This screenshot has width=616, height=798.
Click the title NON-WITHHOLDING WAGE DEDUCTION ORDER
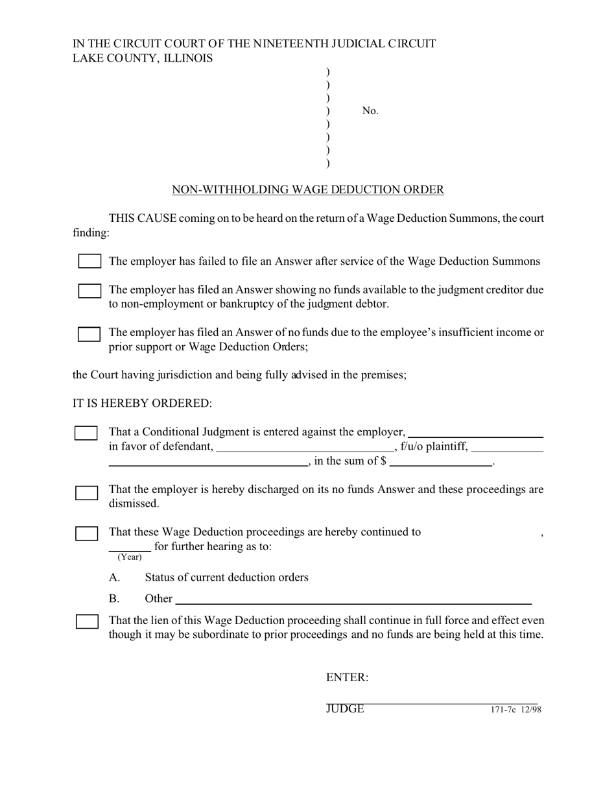(x=307, y=189)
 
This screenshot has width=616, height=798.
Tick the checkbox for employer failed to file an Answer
(x=89, y=261)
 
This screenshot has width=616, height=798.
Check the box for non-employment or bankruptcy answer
(x=89, y=291)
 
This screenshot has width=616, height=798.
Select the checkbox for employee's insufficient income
(x=89, y=334)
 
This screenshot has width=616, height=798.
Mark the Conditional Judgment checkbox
(x=86, y=433)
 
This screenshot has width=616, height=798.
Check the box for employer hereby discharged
(x=87, y=493)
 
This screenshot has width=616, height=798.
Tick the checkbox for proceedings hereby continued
(x=87, y=534)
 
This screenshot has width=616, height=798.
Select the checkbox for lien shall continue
(x=87, y=622)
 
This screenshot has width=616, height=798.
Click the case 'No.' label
(x=370, y=111)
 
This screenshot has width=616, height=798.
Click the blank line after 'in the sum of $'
(x=441, y=463)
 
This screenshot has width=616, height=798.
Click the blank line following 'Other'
(x=353, y=599)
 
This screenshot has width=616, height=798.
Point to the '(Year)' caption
(x=130, y=557)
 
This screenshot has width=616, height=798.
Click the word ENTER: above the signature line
(x=347, y=677)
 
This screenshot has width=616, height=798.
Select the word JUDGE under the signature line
(x=345, y=709)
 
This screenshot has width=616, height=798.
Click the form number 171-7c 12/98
(x=515, y=710)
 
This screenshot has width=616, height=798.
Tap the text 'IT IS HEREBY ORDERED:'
(x=142, y=404)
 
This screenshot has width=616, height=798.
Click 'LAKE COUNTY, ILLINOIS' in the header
(x=143, y=58)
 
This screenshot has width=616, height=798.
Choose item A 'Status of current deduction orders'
(x=226, y=577)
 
